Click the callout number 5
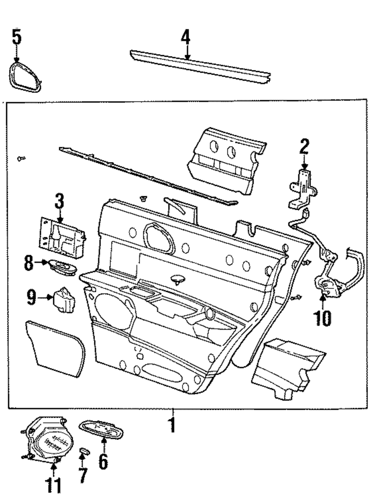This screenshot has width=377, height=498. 16,37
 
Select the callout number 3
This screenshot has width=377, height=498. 60,201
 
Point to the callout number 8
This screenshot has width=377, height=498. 29,263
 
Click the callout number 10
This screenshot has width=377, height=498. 323,318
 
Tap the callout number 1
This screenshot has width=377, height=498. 172,425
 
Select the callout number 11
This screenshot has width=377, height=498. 53,485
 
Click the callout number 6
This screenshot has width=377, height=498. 103,461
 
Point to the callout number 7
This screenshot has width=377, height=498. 83,476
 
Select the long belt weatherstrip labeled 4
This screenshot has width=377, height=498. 200,66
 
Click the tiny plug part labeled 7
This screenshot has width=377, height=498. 84,451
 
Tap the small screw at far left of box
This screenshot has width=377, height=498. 21,159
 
